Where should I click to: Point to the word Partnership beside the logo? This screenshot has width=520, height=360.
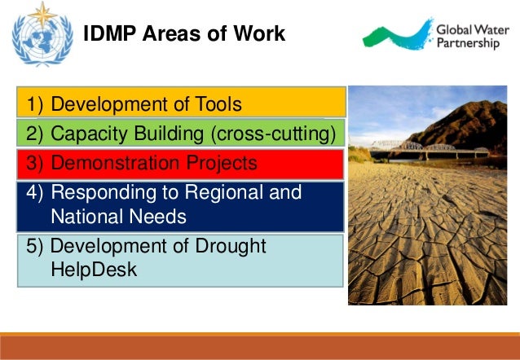click(468, 42)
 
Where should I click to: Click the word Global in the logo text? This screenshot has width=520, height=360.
click(453, 26)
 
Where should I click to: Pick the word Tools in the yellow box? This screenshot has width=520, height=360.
click(216, 104)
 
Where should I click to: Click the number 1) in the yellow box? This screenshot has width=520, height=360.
click(37, 104)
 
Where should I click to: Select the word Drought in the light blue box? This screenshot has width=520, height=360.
click(227, 246)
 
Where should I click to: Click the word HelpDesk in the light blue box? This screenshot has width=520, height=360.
click(93, 270)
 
